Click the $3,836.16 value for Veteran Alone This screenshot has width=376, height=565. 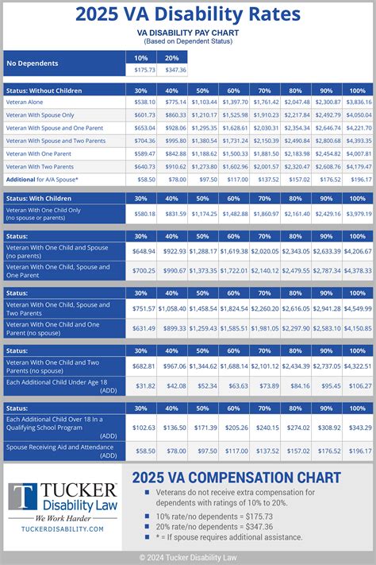coord(357,103)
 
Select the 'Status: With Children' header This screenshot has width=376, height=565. coord(39,198)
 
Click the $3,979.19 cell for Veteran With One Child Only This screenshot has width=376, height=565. coord(357,214)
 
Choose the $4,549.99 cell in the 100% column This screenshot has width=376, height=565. coord(357,308)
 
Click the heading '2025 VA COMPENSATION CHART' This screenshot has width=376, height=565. coord(236,478)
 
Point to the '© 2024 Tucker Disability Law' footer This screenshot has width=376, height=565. coord(187,557)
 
